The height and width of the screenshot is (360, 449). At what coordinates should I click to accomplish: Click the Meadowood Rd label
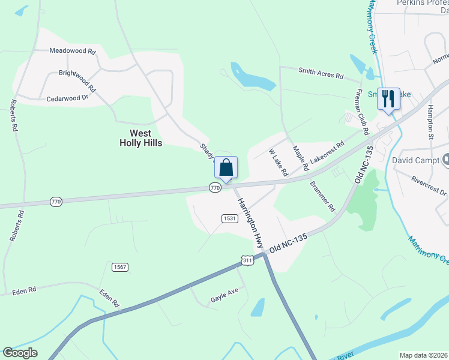[x=73, y=52]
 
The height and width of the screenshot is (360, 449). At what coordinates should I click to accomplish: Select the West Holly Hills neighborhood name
[x=140, y=138]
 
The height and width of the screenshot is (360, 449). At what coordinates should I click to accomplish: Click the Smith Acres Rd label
[x=321, y=73]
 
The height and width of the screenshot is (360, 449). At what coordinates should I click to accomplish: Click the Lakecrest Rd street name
[x=327, y=154]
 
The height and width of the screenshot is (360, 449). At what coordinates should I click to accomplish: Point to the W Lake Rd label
[x=279, y=163]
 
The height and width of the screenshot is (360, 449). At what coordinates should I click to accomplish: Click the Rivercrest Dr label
[x=429, y=185]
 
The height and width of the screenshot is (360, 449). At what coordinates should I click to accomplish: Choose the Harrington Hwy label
[x=250, y=223]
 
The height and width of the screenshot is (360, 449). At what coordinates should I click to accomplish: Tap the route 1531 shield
[x=229, y=218]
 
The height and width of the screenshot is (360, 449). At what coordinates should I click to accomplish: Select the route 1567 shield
[x=119, y=266]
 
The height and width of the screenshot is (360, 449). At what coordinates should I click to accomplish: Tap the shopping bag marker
[x=226, y=168]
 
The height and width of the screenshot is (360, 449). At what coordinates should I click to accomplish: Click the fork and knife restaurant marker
[x=388, y=99]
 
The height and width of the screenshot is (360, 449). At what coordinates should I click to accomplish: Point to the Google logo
[x=20, y=353]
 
